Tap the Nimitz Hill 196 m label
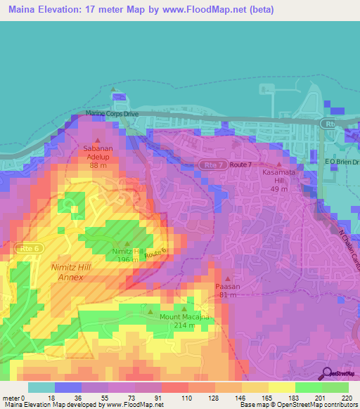click(x=127, y=255)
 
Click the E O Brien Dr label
click(x=342, y=162)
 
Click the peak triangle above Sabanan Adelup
click(x=98, y=143)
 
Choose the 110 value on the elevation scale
click(x=187, y=397)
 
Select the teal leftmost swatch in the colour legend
click(x=41, y=387)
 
